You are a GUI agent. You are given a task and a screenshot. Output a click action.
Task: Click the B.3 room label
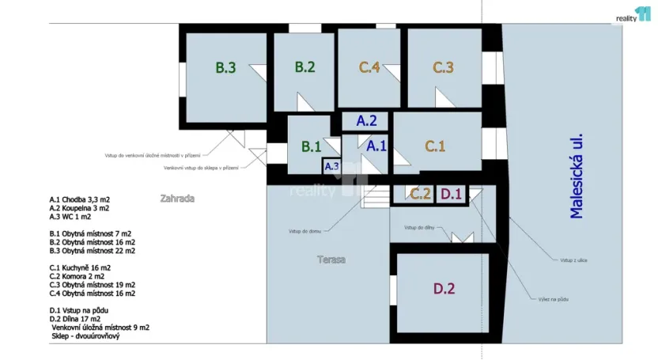pyautogui.click(x=226, y=67)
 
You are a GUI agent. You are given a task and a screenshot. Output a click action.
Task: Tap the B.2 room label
pyautogui.click(x=305, y=67)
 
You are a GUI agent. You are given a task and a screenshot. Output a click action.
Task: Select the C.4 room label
pyautogui.click(x=369, y=67)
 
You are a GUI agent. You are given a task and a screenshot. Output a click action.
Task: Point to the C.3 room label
pyautogui.click(x=443, y=67)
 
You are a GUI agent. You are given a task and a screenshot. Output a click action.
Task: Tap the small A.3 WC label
pyautogui.click(x=332, y=166)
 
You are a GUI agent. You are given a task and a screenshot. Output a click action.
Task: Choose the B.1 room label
pyautogui.click(x=312, y=146)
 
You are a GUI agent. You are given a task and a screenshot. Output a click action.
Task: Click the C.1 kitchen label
pyautogui.click(x=436, y=146)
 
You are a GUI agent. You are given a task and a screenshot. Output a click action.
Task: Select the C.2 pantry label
pyautogui.click(x=420, y=193)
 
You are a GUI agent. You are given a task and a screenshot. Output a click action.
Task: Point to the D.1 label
pyautogui.click(x=451, y=193)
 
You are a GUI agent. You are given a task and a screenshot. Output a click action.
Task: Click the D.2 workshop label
pyautogui.click(x=444, y=289)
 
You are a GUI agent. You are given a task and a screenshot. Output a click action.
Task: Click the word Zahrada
pyautogui.click(x=177, y=199)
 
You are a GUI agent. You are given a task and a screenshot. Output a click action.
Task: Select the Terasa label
pyautogui.click(x=331, y=259)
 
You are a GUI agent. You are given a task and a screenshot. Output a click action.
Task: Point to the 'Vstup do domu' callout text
pyautogui.click(x=304, y=231)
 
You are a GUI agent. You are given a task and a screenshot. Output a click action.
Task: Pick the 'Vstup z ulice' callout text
pyautogui.click(x=573, y=260)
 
